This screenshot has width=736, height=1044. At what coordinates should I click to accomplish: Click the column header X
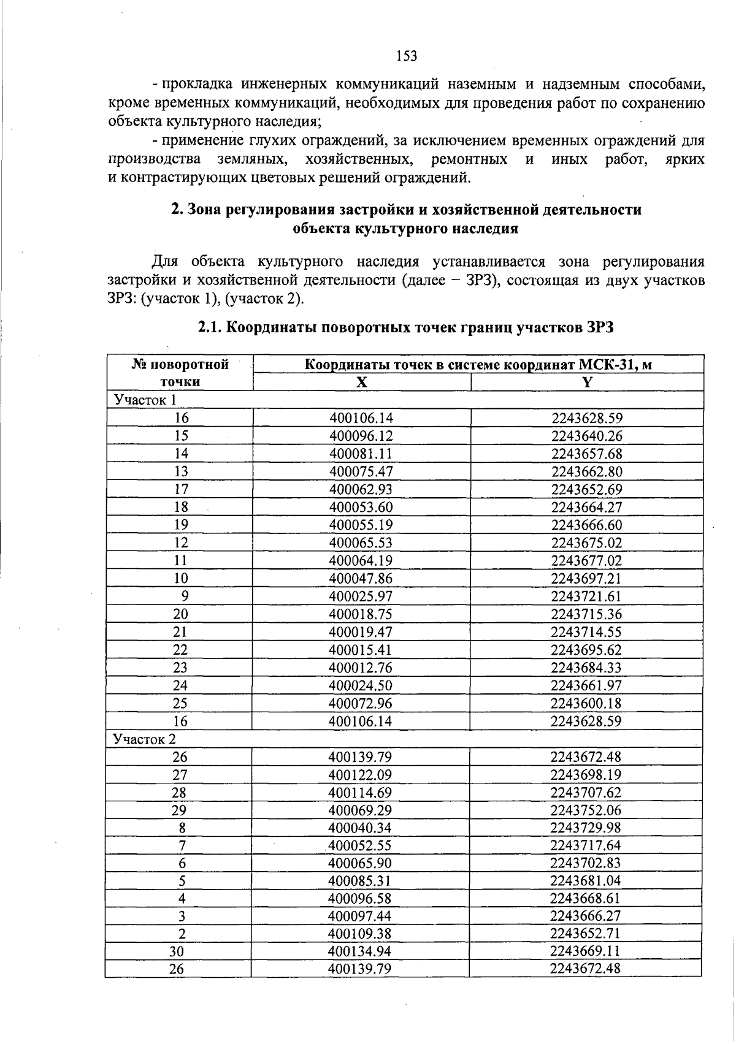click(x=362, y=383)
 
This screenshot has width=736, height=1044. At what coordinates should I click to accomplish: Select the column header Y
click(x=587, y=383)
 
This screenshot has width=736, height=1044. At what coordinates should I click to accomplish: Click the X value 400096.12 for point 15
click(x=361, y=436)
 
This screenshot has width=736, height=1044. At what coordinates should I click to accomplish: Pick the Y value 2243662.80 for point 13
click(x=586, y=471)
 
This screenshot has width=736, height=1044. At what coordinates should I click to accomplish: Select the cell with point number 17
click(x=181, y=489)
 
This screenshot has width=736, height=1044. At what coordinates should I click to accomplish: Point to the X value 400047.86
click(x=361, y=578)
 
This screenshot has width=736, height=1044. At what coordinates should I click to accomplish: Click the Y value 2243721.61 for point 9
click(x=586, y=596)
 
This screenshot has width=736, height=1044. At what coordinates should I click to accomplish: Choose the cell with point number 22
click(x=180, y=649)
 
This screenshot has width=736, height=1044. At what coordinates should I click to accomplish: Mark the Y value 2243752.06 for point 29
click(x=586, y=810)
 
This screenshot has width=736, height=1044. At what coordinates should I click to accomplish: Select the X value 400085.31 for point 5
click(x=359, y=881)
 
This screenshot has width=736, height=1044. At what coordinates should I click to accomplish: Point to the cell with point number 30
click(x=177, y=952)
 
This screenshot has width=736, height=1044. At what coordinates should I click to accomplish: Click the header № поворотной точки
click(x=180, y=373)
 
